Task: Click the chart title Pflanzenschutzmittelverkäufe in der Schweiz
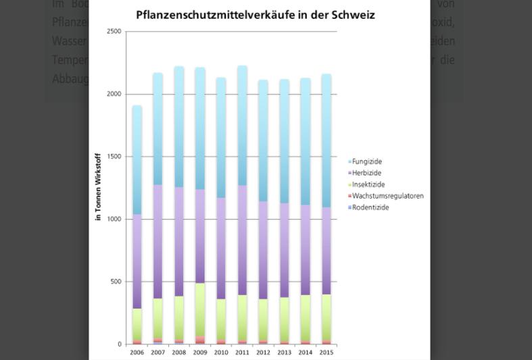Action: pos(256,14)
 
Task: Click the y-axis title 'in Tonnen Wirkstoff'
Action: pos(99,188)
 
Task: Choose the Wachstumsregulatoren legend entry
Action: pos(387,196)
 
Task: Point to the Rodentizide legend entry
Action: pos(370,207)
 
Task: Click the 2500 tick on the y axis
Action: pos(114,32)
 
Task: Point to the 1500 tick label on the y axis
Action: pos(114,157)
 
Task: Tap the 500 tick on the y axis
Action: pos(116,282)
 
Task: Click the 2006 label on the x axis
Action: pos(137,352)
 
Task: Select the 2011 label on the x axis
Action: pos(242,352)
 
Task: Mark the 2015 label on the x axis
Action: pos(326,352)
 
